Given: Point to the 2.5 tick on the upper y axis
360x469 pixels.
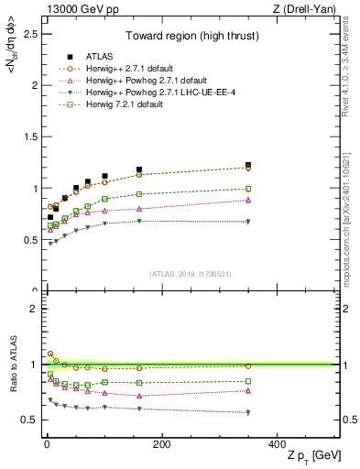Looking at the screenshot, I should [x=31, y=34].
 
